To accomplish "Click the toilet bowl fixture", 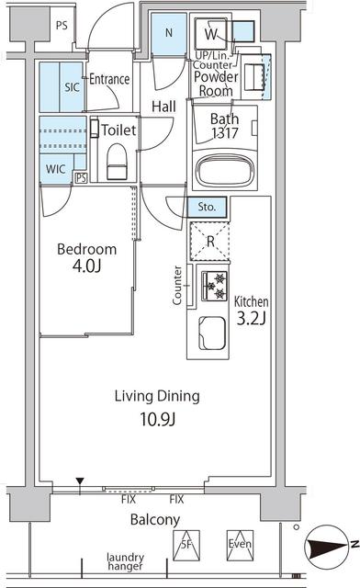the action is (117, 162).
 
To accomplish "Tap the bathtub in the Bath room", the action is (224, 172).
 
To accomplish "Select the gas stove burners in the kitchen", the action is (215, 286).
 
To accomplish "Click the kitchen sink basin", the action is (212, 333).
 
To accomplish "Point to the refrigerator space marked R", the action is (210, 241).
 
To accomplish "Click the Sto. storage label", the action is (207, 207).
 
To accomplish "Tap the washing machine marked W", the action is (210, 34).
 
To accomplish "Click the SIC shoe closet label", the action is (72, 87).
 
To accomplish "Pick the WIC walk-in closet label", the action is (55, 169).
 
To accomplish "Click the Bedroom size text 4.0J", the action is (86, 266).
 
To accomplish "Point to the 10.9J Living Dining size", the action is (158, 419).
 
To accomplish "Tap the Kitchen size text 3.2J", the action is (252, 319).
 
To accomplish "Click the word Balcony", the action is (155, 520).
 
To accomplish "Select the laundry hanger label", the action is (125, 561).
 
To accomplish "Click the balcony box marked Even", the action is (240, 545).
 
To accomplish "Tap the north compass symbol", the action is (327, 547).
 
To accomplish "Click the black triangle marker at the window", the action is (80, 481).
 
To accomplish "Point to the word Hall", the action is (163, 107).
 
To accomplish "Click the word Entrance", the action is (109, 79).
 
